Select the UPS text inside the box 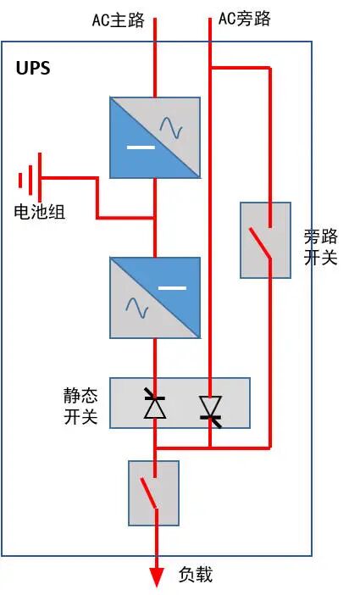click(33, 69)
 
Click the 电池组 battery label click(39, 212)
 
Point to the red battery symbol click(30, 179)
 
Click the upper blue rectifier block click(155, 137)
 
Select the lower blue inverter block click(155, 297)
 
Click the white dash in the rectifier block click(141, 147)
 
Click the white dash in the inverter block click(172, 288)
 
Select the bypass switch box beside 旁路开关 click(265, 240)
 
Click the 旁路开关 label click(320, 247)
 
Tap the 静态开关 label click(80, 406)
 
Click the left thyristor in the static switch click(154, 404)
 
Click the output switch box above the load click(153, 493)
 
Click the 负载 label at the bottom click(196, 575)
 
